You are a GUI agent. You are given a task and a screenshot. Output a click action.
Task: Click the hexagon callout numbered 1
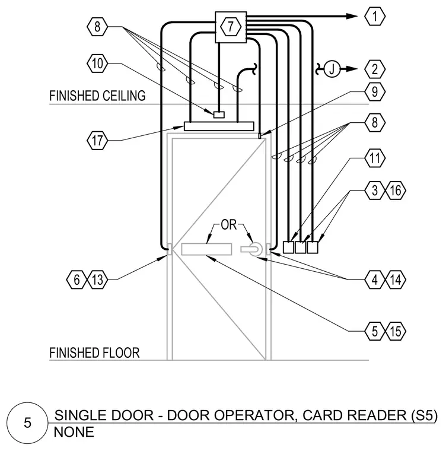[375, 17]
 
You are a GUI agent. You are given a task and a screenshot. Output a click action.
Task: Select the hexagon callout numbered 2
[375, 69]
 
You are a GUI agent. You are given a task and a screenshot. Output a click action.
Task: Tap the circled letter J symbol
[332, 69]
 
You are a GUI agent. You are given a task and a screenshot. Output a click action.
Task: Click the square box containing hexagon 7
[231, 27]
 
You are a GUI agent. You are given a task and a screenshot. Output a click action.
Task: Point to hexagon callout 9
[375, 92]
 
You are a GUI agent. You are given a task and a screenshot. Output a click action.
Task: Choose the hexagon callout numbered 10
[97, 63]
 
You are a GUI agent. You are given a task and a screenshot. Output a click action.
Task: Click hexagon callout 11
[375, 158]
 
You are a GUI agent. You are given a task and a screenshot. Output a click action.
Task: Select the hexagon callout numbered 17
[97, 141]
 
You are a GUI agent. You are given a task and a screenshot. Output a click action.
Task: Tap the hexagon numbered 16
[396, 190]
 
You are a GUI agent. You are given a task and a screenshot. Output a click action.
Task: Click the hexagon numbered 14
[396, 280]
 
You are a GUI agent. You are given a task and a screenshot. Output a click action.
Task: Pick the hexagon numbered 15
[396, 331]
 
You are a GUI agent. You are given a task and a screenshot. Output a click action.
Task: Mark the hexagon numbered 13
[97, 280]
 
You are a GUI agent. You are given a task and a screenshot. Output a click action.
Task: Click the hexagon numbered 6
[77, 280]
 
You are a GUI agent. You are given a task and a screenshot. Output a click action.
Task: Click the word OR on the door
[228, 225]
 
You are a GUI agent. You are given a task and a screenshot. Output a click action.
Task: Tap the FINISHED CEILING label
[97, 96]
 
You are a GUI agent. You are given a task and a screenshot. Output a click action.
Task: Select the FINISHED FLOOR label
[94, 353]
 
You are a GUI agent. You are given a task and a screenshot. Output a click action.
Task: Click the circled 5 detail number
[27, 423]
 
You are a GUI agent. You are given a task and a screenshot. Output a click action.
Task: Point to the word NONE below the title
[74, 432]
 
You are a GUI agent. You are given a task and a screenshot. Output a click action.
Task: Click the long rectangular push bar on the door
[206, 249]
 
